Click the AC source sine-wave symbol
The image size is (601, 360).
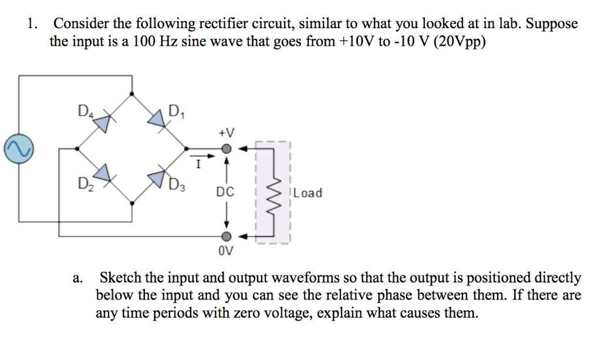pyautogui.click(x=18, y=150)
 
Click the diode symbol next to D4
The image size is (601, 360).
pyautogui.click(x=103, y=122)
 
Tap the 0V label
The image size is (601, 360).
pyautogui.click(x=225, y=252)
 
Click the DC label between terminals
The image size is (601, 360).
pyautogui.click(x=225, y=192)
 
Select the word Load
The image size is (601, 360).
pyautogui.click(x=308, y=193)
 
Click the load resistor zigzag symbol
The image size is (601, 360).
pyautogui.click(x=273, y=192)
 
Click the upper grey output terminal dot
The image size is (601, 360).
pyautogui.click(x=225, y=149)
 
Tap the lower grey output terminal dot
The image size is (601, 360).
pyautogui.click(x=225, y=236)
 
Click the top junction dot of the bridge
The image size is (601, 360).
pyautogui.click(x=131, y=93)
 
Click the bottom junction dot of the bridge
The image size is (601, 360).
pyautogui.click(x=131, y=203)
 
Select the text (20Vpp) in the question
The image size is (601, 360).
pyautogui.click(x=460, y=43)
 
